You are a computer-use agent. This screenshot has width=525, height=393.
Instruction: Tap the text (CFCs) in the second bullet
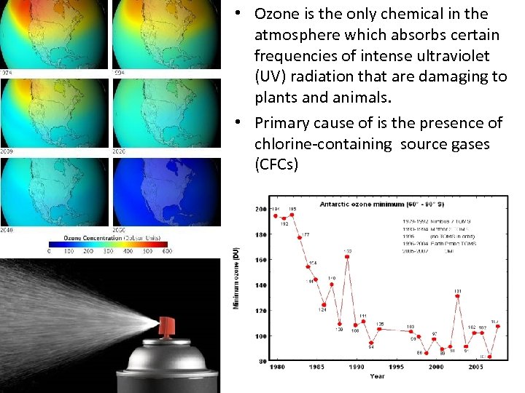coord(276,165)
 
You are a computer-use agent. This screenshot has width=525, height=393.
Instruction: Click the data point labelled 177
coord(300,237)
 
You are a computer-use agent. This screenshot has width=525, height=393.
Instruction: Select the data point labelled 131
coord(457,296)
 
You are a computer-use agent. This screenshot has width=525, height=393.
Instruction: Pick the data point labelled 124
coord(324,305)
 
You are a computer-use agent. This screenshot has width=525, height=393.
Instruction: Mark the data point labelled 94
coord(371,342)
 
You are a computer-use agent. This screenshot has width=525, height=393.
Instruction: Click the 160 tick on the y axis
coord(260,260)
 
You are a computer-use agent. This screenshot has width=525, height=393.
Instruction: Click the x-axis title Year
coord(377,376)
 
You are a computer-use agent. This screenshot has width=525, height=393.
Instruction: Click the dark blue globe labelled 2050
coord(166,193)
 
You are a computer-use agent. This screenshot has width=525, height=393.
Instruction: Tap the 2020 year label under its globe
coord(120,151)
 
